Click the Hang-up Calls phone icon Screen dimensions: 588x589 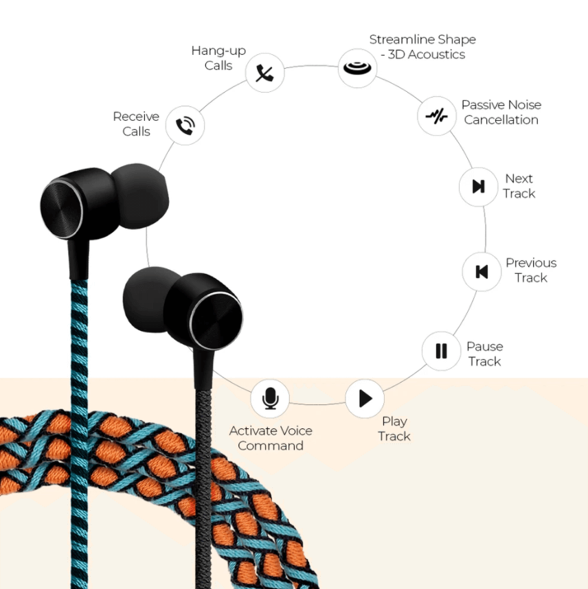(x=264, y=73)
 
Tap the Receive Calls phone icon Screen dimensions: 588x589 (x=185, y=126)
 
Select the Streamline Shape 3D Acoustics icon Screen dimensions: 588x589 (x=357, y=68)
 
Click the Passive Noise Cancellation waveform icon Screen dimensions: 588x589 (x=436, y=116)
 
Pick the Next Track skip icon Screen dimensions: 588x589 (x=479, y=186)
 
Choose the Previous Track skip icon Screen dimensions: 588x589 (x=482, y=272)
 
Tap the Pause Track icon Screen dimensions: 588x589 (x=442, y=351)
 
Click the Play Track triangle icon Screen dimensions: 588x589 (x=365, y=398)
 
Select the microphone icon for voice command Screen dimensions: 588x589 (x=271, y=398)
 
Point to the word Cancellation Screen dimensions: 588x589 (x=501, y=120)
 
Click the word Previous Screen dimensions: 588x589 (x=531, y=262)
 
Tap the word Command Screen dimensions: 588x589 (x=271, y=446)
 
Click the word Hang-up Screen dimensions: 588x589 (x=218, y=51)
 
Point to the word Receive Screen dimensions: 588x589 (x=136, y=117)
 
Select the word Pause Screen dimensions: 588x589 (x=485, y=347)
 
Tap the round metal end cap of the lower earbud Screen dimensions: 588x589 (x=216, y=321)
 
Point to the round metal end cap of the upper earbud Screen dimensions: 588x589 (x=61, y=209)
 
